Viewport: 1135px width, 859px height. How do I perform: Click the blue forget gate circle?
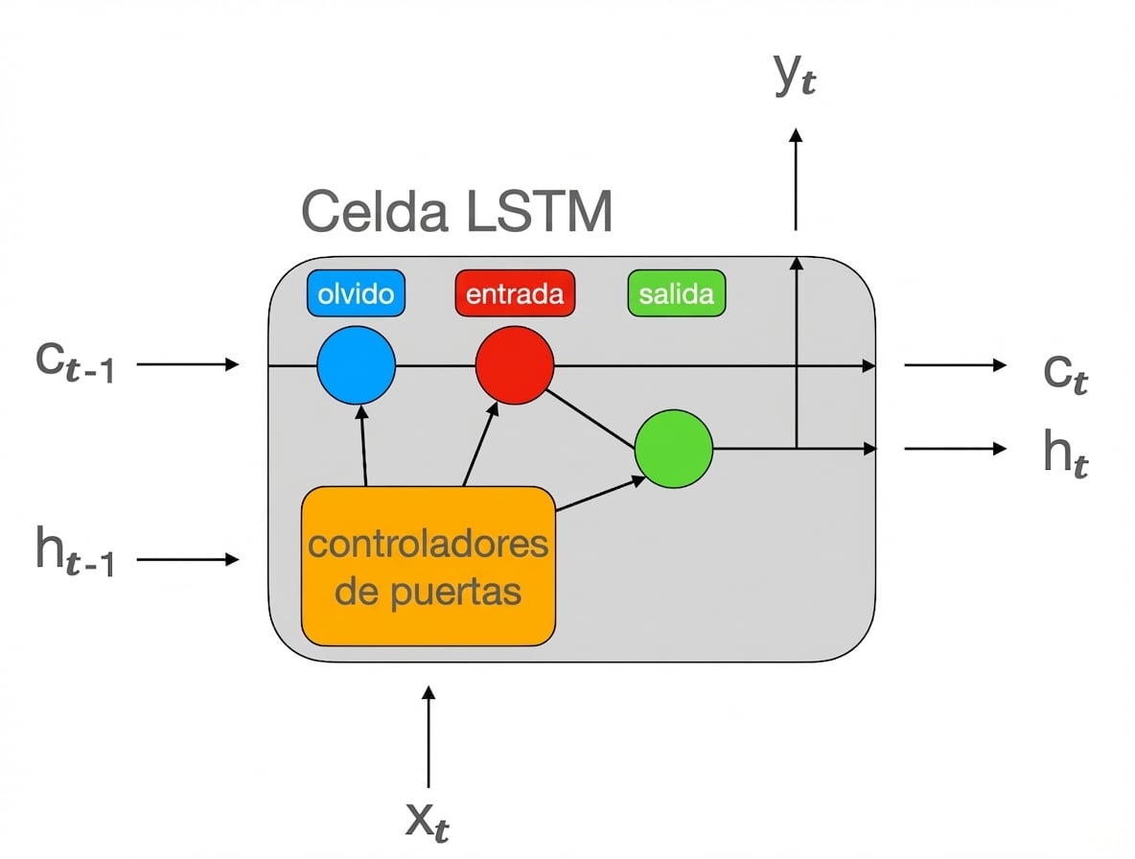pos(356,365)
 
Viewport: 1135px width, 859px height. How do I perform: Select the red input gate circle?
pos(515,365)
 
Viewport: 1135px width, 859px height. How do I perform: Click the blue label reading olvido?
pos(356,293)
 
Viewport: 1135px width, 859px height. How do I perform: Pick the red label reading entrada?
pos(515,293)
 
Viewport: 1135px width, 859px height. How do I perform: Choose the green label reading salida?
pos(676,293)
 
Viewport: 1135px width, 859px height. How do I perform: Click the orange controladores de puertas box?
pos(429,566)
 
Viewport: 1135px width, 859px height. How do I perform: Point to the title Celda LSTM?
pos(456,212)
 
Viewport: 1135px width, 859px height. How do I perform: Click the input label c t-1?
pos(74,365)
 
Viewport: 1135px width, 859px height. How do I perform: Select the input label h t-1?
pos(74,556)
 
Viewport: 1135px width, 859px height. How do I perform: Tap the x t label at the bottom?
pos(429,820)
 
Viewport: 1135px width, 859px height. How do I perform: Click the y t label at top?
pos(796,77)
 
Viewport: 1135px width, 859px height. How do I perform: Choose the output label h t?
pos(1066,453)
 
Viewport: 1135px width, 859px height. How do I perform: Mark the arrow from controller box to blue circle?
pos(363,446)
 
